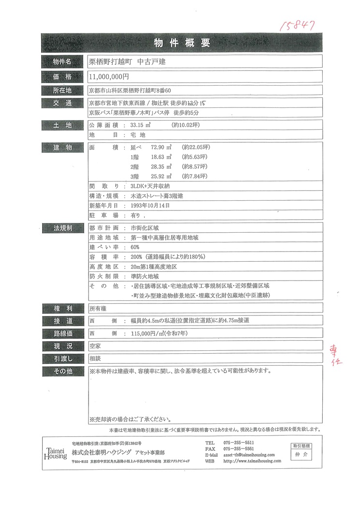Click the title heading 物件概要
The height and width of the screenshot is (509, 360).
181,43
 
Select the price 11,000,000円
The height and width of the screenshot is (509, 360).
109,76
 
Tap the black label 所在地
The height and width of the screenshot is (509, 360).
62,90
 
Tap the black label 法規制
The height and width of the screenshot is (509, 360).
62,228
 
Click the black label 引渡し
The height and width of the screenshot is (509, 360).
62,359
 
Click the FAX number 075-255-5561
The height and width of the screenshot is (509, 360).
239,449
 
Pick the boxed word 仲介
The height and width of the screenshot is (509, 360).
301,454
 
